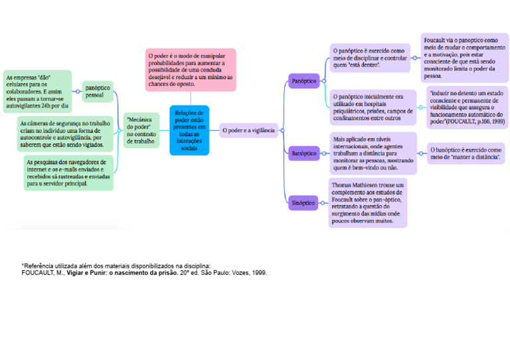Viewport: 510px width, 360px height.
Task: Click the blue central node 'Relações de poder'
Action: click(189, 130)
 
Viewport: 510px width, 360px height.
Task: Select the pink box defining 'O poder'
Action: click(191, 69)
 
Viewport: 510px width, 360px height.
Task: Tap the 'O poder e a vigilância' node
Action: click(248, 131)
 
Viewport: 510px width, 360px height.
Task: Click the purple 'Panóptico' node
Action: click(304, 81)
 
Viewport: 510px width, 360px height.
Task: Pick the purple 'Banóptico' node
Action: click(304, 153)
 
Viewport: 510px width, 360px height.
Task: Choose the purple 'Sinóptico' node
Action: click(303, 203)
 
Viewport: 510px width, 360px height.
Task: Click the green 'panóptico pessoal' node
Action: click(98, 91)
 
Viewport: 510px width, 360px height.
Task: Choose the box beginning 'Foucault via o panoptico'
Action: click(464, 58)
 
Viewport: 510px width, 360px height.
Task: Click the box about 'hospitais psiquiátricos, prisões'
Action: click(373, 107)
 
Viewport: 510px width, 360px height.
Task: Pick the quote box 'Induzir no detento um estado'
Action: click(467, 108)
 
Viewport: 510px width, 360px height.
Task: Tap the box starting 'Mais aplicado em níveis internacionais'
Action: click(373, 153)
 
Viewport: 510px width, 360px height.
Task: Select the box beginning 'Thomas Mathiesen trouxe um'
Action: click(368, 203)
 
